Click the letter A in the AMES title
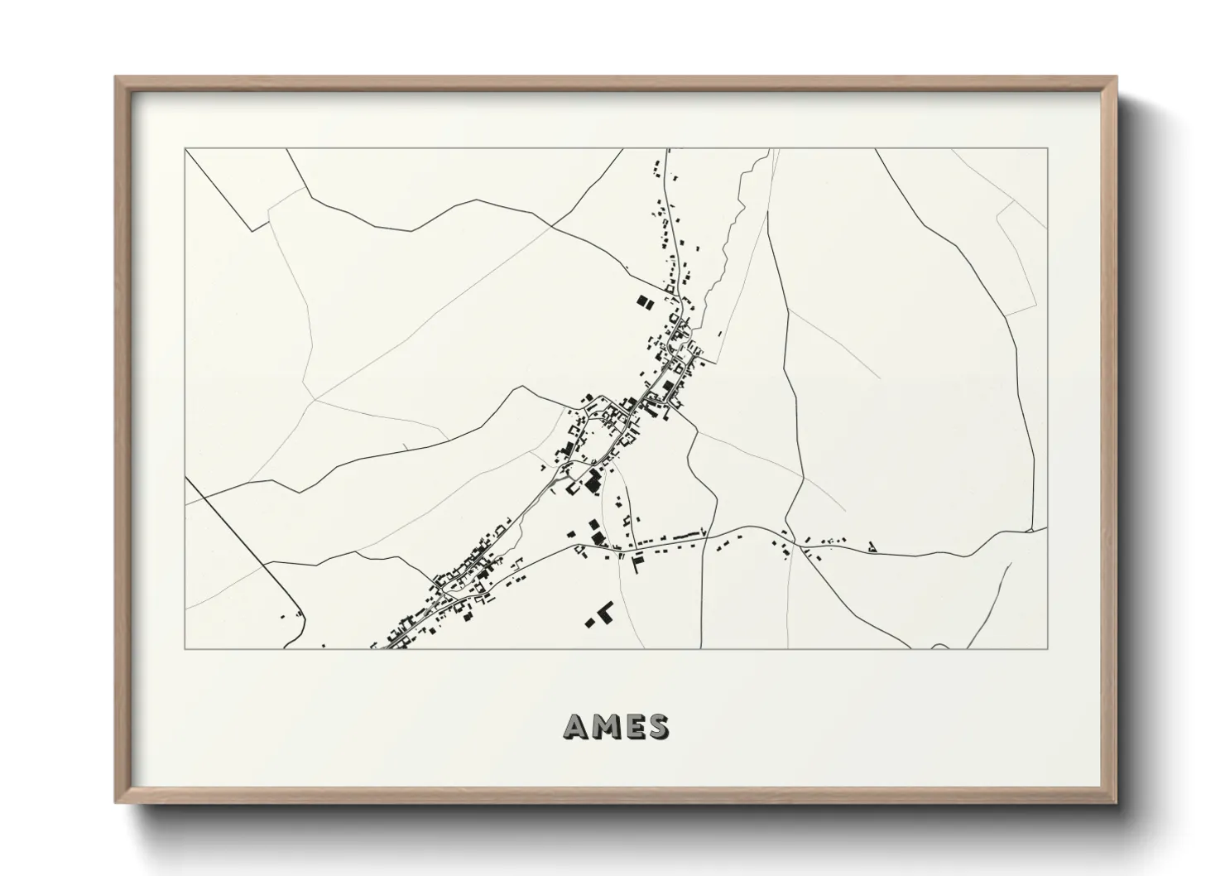click(576, 727)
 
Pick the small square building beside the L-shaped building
click(591, 621)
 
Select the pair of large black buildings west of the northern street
click(644, 301)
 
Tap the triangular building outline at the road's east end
click(872, 546)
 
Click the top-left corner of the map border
click(185, 149)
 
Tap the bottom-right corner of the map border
click(1048, 648)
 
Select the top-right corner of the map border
click(1048, 149)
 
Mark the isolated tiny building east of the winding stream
click(719, 334)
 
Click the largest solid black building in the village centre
click(593, 481)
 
